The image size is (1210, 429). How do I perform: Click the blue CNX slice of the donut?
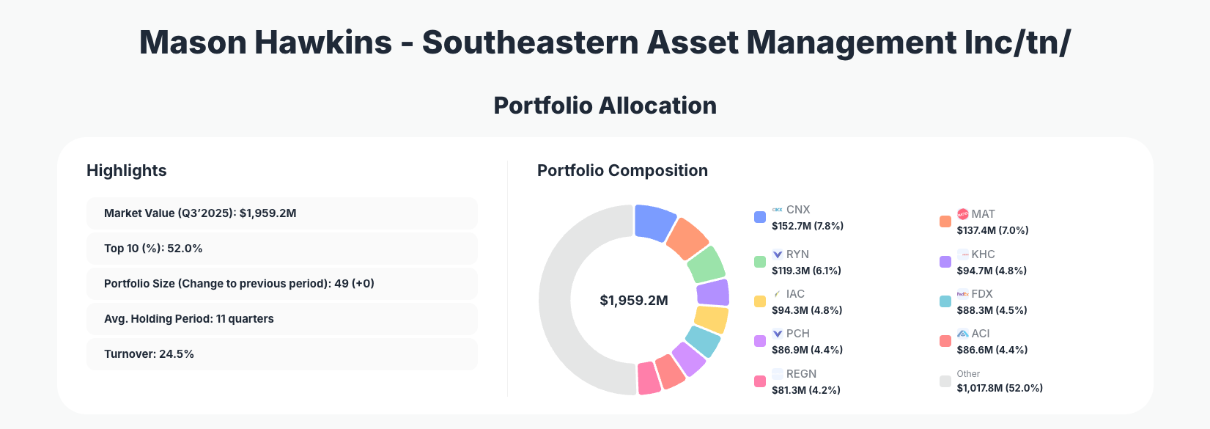coord(654,222)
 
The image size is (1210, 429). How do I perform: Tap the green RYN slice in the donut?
coord(707,264)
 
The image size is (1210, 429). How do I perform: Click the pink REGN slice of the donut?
coord(649,378)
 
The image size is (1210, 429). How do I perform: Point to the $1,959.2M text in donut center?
coord(634,301)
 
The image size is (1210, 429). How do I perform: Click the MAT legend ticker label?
coord(983,214)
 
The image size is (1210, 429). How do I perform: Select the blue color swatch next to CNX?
coord(760,217)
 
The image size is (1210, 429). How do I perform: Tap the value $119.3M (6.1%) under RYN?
coord(806,271)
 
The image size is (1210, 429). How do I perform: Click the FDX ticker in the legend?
coord(982,294)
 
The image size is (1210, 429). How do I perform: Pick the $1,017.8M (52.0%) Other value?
coord(1000,388)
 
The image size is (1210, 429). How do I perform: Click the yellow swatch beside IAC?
coord(760,301)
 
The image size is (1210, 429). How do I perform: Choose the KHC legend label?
coord(983,254)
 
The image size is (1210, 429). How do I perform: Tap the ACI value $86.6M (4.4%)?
coord(992,350)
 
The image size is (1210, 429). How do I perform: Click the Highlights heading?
coord(127,171)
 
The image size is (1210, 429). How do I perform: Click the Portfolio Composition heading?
coord(622,171)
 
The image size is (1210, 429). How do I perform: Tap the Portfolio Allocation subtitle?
coord(605,106)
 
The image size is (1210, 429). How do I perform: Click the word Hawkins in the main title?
coord(323,43)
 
